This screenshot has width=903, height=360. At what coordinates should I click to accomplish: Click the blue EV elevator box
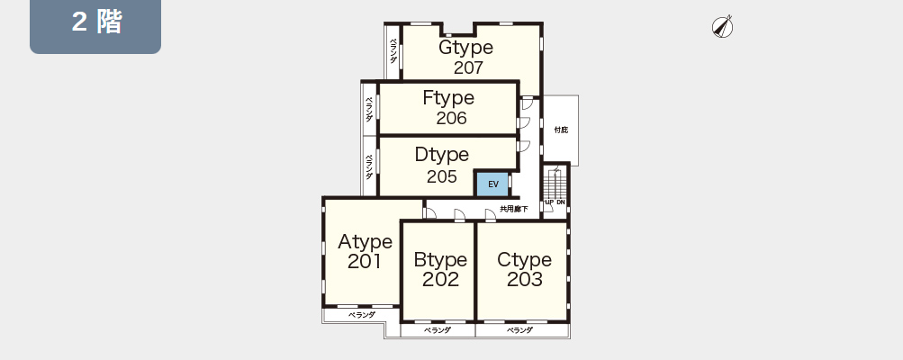click(492, 184)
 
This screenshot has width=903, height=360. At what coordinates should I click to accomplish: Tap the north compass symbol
click(722, 27)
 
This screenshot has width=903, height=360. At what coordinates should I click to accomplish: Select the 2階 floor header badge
click(95, 25)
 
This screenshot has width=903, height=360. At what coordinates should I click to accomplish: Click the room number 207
click(468, 68)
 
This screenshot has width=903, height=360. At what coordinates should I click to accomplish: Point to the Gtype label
click(465, 47)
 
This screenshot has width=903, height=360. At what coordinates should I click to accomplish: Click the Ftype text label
click(448, 98)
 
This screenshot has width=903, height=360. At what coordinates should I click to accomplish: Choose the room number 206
click(452, 118)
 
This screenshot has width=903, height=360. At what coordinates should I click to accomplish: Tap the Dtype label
click(442, 155)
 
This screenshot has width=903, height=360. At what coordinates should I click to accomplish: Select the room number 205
click(442, 176)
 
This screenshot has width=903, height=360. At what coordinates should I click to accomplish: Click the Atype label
click(366, 242)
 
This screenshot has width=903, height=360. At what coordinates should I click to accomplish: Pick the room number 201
click(365, 262)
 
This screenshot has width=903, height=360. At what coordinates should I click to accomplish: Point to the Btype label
click(440, 260)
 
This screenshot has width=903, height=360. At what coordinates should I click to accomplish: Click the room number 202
click(440, 279)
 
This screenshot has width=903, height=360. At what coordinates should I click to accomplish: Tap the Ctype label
click(524, 260)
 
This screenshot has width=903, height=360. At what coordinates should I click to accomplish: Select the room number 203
click(525, 279)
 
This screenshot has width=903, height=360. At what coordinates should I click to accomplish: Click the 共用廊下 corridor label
click(514, 209)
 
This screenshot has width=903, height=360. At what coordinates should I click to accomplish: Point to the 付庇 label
click(561, 130)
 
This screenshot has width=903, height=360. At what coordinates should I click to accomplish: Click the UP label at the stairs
click(549, 202)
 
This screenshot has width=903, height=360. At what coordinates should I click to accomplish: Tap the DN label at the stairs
click(561, 202)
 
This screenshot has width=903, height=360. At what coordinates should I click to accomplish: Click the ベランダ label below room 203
click(520, 330)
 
